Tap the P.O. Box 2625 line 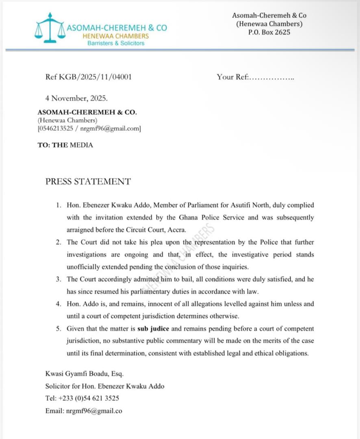pyautogui.click(x=269, y=33)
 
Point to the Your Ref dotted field pyautogui.click(x=271, y=77)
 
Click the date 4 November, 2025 pyautogui.click(x=76, y=98)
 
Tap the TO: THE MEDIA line pyautogui.click(x=65, y=145)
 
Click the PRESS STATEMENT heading pyautogui.click(x=88, y=182)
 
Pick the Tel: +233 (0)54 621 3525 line pyautogui.click(x=82, y=398)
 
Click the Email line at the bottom pyautogui.click(x=84, y=411)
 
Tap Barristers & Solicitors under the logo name pyautogui.click(x=116, y=43)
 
